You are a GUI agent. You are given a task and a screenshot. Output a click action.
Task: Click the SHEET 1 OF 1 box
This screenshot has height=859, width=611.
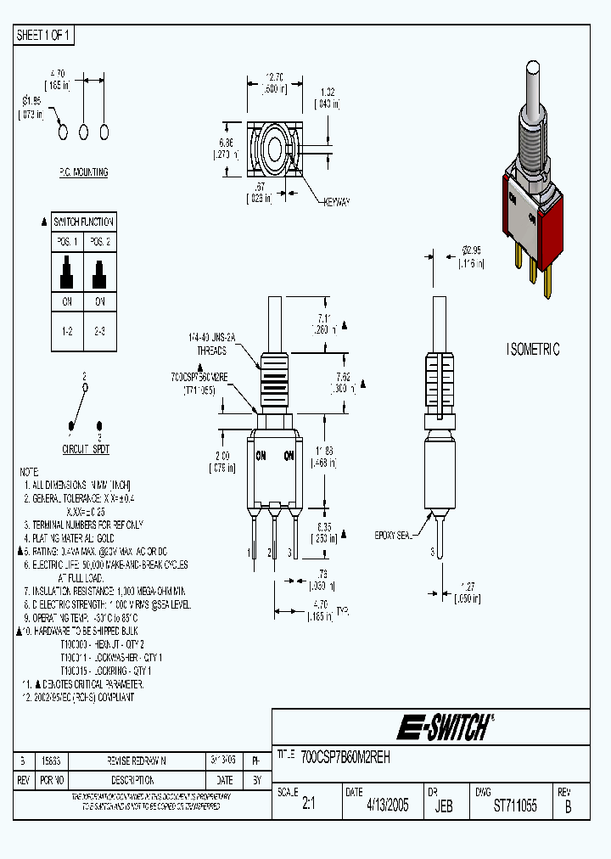click(x=45, y=36)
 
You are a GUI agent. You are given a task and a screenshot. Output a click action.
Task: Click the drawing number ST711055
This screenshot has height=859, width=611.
click(x=515, y=806)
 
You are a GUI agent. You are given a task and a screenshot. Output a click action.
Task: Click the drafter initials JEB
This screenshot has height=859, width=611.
click(x=443, y=806)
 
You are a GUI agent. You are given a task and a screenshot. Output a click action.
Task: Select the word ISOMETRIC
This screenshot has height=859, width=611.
click(x=532, y=350)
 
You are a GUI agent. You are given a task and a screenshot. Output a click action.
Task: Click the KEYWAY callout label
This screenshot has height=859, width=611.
click(x=337, y=201)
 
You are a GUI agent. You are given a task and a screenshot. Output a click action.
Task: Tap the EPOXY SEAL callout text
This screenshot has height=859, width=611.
click(x=394, y=535)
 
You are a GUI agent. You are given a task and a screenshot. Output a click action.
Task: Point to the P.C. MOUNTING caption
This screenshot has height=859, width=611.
click(x=83, y=172)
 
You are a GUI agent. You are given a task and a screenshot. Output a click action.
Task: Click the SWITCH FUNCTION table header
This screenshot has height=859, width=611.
click(x=83, y=222)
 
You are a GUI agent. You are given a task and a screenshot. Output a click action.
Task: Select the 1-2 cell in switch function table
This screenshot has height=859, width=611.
click(x=67, y=329)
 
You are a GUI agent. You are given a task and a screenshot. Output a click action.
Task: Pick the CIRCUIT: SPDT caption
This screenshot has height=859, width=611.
click(x=85, y=448)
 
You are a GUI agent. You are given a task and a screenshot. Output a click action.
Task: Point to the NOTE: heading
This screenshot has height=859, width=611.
click(x=29, y=471)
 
